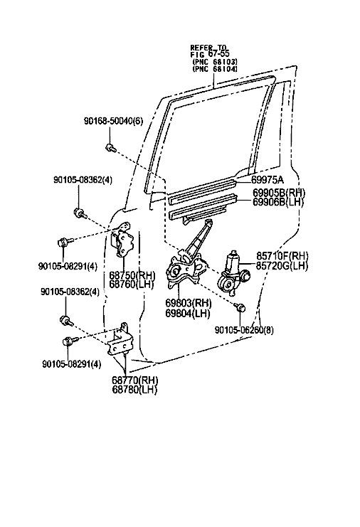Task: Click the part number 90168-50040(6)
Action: click(x=113, y=121)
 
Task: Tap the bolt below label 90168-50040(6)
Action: click(x=110, y=147)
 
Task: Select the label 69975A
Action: click(x=268, y=180)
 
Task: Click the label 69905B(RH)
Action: click(x=279, y=193)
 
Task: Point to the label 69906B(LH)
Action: click(x=278, y=202)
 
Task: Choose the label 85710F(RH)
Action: click(x=282, y=256)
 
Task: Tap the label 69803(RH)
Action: click(x=189, y=303)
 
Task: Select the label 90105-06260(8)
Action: click(x=244, y=330)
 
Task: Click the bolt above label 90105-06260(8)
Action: click(x=240, y=307)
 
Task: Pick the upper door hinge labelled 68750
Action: click(x=122, y=240)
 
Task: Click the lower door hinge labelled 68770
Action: click(x=119, y=339)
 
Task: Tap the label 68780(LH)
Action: click(x=134, y=390)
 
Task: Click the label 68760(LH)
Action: click(x=132, y=284)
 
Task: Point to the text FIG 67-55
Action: click(x=210, y=55)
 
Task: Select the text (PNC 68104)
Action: click(x=215, y=69)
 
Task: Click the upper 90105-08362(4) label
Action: click(x=83, y=180)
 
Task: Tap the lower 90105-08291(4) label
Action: click(x=72, y=364)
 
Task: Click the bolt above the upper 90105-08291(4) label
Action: click(x=65, y=241)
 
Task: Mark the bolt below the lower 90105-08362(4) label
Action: click(x=66, y=320)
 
